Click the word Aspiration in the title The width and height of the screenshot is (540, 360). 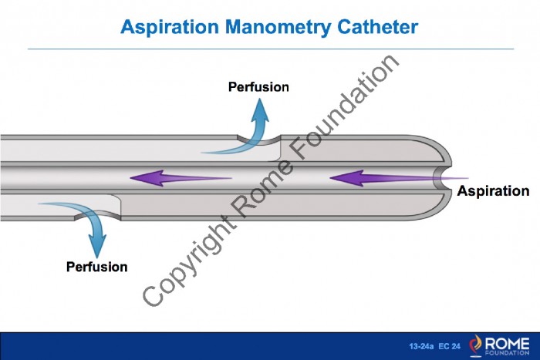pyautogui.click(x=170, y=27)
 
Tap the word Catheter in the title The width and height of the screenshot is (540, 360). pyautogui.click(x=378, y=26)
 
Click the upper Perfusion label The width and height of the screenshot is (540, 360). pyautogui.click(x=258, y=87)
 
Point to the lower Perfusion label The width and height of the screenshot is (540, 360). pyautogui.click(x=96, y=267)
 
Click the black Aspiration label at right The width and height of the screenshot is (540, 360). pyautogui.click(x=493, y=191)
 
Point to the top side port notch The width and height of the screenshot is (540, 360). pyautogui.click(x=259, y=140)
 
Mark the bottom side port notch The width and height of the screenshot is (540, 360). pyautogui.click(x=98, y=215)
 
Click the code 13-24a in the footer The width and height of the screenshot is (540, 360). pyautogui.click(x=421, y=346)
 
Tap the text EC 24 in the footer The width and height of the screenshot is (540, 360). pyautogui.click(x=450, y=346)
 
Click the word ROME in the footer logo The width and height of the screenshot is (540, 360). pyautogui.click(x=507, y=343)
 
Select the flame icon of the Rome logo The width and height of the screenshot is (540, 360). pyautogui.click(x=476, y=345)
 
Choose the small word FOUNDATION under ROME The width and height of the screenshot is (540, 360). pyautogui.click(x=507, y=353)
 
